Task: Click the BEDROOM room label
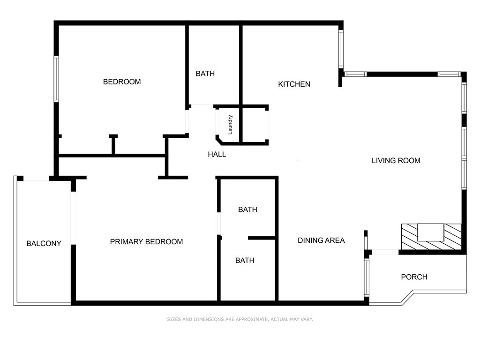tap(122, 82)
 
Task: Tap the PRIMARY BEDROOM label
tap(146, 242)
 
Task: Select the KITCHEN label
tap(294, 84)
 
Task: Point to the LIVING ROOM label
tap(396, 161)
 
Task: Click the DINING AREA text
tap(321, 240)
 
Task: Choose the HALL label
tap(217, 155)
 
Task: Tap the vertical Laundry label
tap(230, 125)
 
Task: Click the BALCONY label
tap(44, 244)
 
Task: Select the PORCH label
tap(414, 277)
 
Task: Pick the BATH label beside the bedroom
tap(205, 74)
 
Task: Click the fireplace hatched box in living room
tap(431, 237)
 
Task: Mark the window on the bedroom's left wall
tap(56, 79)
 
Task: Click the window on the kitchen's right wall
tap(341, 49)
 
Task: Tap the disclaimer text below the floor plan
tap(240, 319)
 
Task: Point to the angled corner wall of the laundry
tap(219, 141)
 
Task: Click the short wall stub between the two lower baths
tap(262, 238)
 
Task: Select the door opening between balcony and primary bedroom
tap(74, 218)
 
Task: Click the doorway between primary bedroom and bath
tap(219, 223)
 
